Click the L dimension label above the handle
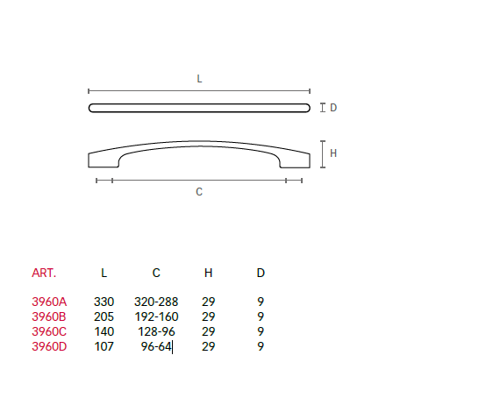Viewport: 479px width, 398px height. click(x=199, y=79)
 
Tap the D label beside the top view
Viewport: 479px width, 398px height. click(x=333, y=108)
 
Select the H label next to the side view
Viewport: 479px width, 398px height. click(x=333, y=153)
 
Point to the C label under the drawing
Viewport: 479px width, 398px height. click(x=199, y=192)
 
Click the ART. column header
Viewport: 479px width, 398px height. click(x=44, y=273)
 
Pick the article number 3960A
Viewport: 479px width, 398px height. click(x=49, y=302)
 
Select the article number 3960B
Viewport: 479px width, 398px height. click(x=49, y=316)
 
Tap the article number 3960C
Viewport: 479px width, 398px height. click(x=49, y=331)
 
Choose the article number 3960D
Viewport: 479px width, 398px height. click(x=49, y=346)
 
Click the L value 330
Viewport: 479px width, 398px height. click(x=104, y=302)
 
